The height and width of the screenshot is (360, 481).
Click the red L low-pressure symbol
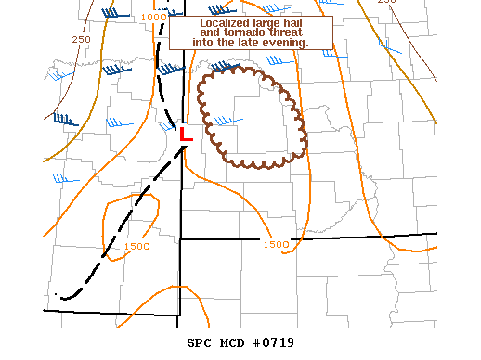(x=185, y=135)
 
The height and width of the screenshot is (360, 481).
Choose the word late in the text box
(x=244, y=42)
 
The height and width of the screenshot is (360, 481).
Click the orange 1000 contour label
(x=155, y=17)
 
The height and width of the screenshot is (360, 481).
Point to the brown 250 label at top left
(x=81, y=39)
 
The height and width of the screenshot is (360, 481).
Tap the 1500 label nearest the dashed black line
(x=136, y=246)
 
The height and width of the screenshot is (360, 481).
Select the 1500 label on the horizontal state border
(x=276, y=244)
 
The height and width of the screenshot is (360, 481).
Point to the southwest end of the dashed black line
(x=58, y=295)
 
